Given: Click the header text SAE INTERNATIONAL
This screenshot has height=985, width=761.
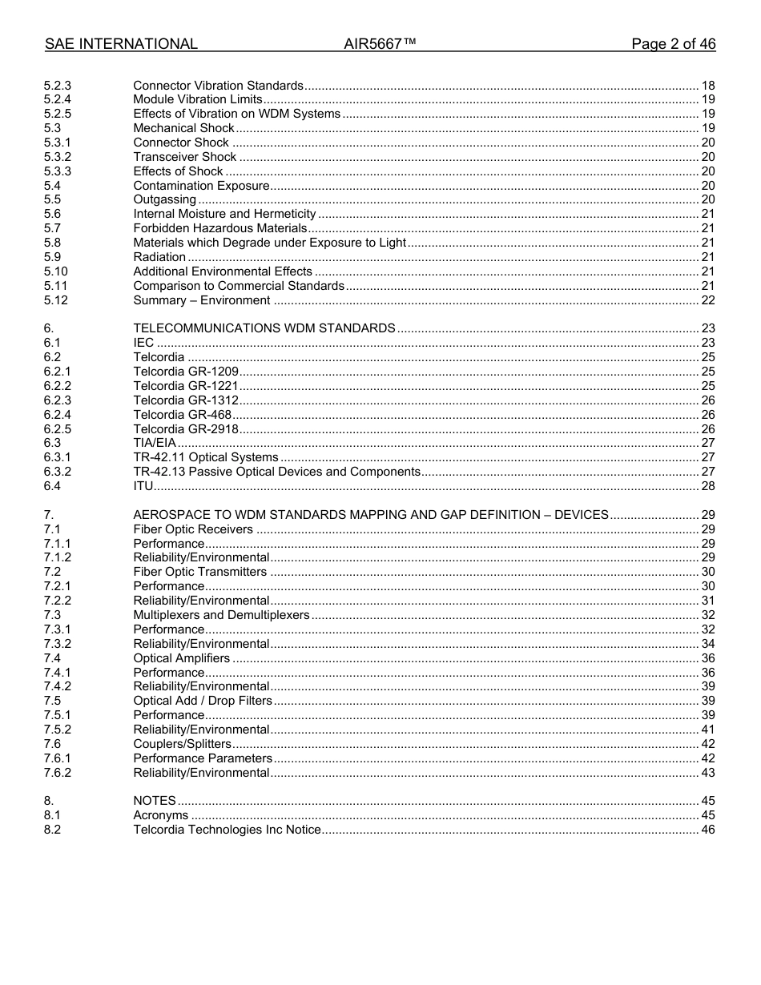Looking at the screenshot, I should tap(121, 44).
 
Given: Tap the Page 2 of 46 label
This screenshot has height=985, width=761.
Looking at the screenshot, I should tap(673, 44).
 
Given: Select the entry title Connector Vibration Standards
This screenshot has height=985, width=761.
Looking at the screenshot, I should tap(218, 86).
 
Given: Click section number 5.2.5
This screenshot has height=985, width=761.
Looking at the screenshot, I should tap(58, 114).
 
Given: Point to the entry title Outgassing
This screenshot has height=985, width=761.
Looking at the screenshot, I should tap(164, 199).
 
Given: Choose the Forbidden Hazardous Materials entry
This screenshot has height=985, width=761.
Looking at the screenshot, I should tap(219, 228).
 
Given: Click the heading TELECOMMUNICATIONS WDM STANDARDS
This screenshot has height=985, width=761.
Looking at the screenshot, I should tap(264, 328).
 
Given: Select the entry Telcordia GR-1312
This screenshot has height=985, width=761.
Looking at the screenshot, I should tap(186, 400).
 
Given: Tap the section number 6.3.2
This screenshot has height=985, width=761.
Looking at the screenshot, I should tap(58, 472).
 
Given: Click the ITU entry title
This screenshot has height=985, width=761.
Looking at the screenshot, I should tap(143, 486).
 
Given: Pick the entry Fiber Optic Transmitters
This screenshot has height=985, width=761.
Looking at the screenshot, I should tap(199, 572).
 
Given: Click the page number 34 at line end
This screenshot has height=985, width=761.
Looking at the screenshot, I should tap(707, 644).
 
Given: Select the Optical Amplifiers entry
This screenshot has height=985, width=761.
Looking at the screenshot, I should tap(181, 658).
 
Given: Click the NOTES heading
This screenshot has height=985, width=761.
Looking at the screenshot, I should tap(154, 801).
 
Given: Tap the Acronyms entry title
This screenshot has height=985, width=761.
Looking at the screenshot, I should tap(160, 815).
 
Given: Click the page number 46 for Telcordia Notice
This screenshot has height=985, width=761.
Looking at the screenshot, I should tap(707, 830).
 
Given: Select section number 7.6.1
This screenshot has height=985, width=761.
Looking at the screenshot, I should tap(58, 758).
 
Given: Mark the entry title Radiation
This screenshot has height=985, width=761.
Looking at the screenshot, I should tap(159, 257).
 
